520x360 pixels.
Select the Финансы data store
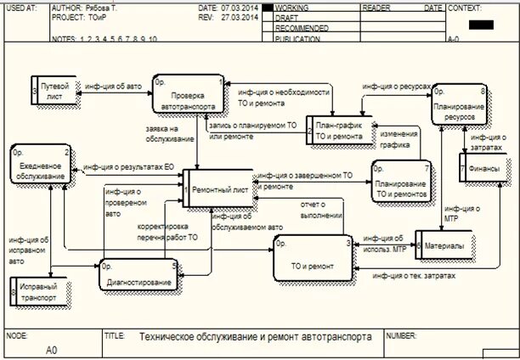coord(486,168)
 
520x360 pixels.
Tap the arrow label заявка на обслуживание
coord(166,132)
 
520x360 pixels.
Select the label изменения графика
coord(398,138)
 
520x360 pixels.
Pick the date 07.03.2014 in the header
coord(240,7)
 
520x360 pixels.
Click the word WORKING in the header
coord(293,7)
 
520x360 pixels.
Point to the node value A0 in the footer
coord(51,348)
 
